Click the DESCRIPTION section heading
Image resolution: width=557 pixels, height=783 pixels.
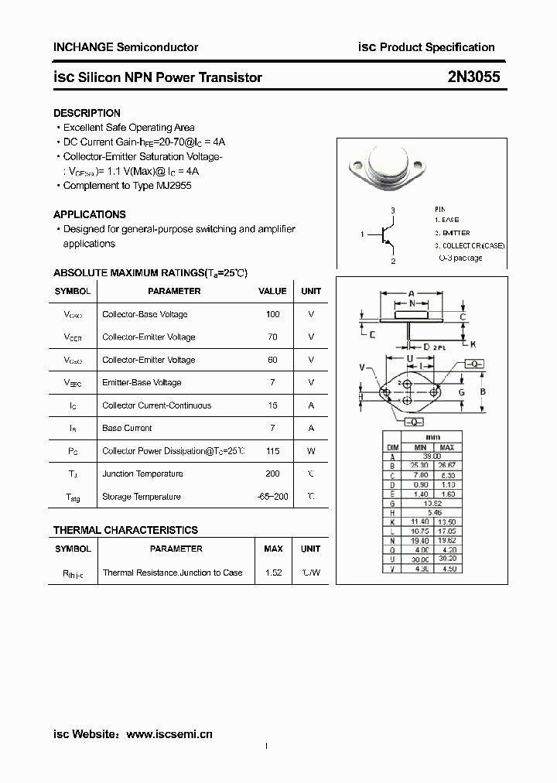pos(87,113)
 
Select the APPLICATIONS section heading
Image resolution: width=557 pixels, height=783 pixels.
pos(89,214)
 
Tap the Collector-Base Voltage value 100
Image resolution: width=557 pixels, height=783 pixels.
pos(272,314)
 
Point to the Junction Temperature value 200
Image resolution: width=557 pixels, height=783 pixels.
pos(272,474)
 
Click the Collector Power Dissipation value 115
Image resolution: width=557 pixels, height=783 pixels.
pos(272,451)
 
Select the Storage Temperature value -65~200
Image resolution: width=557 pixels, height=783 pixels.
pos(272,497)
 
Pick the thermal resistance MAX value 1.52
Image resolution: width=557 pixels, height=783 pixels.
pos(272,573)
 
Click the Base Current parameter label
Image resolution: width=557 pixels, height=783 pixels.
pos(127,428)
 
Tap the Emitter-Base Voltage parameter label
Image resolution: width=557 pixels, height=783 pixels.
pos(142,382)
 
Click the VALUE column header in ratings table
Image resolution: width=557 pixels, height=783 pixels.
pos(272,291)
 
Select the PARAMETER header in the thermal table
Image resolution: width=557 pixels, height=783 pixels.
pos(176,549)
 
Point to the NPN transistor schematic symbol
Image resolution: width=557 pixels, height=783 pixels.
pos(387,235)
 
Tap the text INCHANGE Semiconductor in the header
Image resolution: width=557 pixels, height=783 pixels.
pos(125,47)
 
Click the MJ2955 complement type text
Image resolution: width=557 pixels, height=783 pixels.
pos(174,186)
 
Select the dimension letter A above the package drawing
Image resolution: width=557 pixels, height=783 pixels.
pos(411,293)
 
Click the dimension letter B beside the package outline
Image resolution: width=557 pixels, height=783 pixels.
pos(483,392)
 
